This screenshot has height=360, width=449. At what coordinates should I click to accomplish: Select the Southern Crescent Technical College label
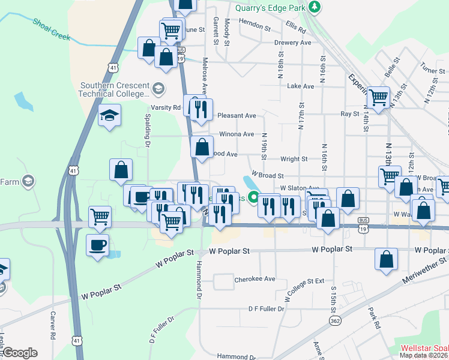(x=114, y=89)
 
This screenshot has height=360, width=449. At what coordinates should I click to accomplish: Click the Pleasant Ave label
(x=237, y=115)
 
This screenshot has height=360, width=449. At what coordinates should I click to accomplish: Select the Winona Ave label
(x=237, y=134)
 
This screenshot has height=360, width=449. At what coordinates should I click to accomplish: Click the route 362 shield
(x=336, y=322)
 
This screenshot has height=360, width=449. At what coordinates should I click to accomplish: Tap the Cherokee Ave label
(x=255, y=279)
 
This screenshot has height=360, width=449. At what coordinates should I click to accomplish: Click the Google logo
(x=20, y=353)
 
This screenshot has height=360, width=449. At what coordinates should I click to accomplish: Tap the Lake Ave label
(x=301, y=86)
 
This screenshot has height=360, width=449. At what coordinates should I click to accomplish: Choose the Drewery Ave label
(x=292, y=43)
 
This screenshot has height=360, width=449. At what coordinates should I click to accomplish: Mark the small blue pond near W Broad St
(x=249, y=182)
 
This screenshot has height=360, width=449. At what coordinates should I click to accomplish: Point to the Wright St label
(x=294, y=159)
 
